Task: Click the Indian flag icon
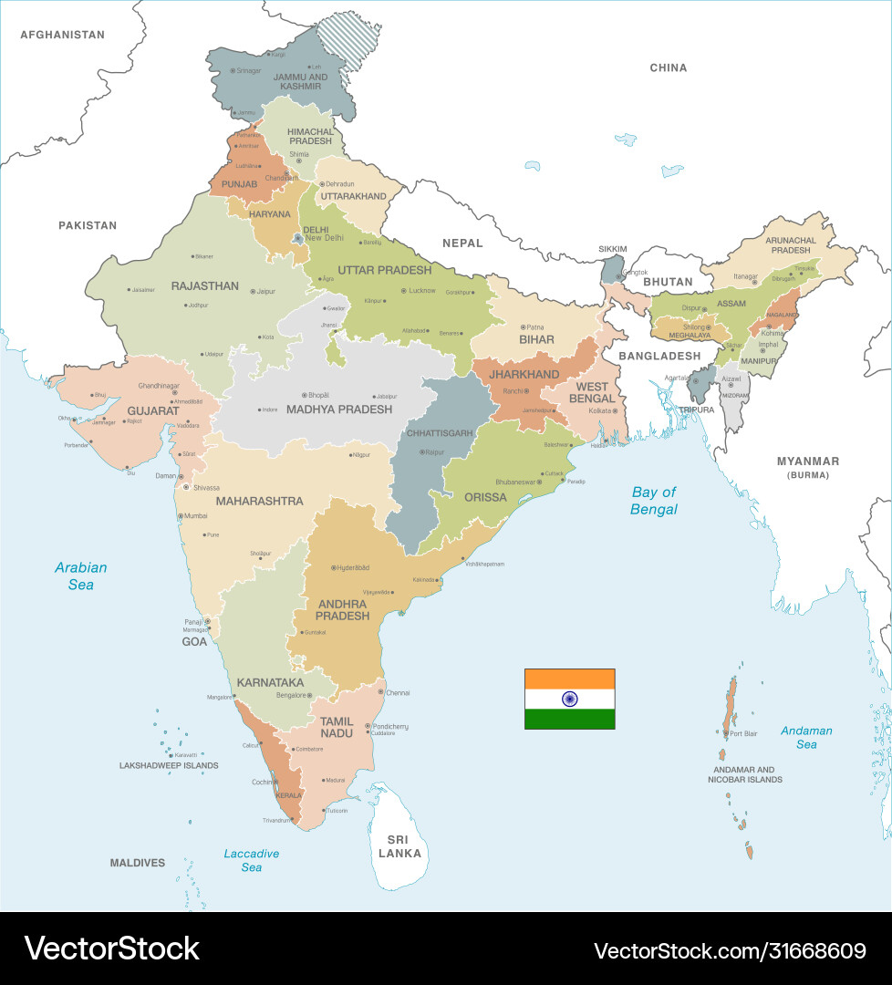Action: pos(569,699)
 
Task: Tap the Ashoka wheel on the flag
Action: pos(569,699)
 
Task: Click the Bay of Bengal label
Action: pos(654,501)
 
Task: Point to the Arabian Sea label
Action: pos(80,575)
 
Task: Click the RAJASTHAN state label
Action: pos(204,285)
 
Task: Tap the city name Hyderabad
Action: pos(354,567)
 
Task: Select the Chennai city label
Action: pos(397,692)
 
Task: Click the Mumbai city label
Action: pos(196,516)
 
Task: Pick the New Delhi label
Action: pos(324,238)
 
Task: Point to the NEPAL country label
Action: pos(462,243)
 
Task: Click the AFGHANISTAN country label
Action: pos(62,35)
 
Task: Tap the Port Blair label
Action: pos(743,733)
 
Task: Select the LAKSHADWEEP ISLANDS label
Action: pos(169,765)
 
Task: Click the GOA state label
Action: pos(194,641)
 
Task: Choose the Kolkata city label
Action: pos(599,411)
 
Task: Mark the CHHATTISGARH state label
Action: pos(440,432)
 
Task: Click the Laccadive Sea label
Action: pos(251,860)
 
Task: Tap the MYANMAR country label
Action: pos(807,461)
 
